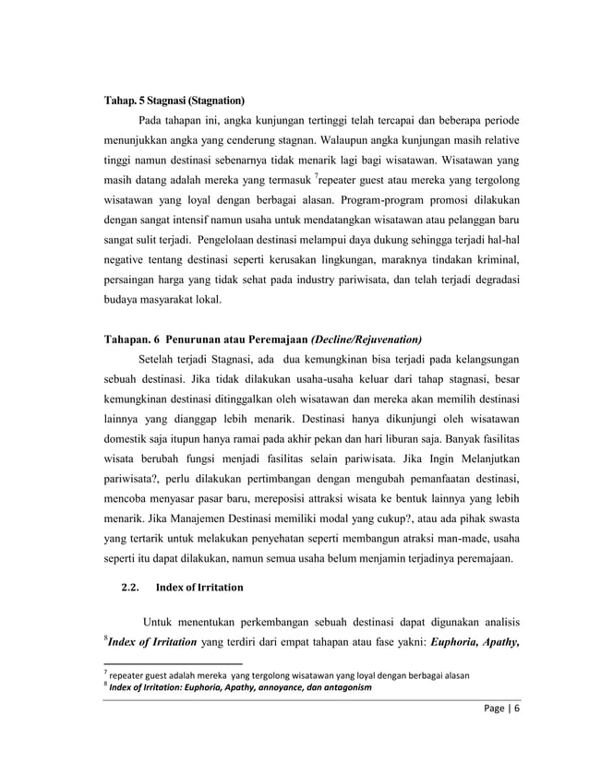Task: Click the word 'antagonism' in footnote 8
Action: [x=339, y=688]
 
